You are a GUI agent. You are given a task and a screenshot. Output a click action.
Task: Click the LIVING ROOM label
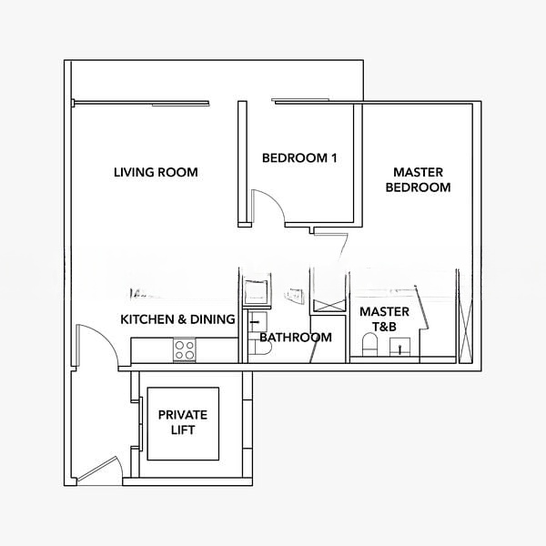[156, 172]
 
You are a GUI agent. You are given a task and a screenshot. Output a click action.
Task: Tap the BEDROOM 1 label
[299, 158]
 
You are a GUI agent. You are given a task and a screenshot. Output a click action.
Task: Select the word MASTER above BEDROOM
[419, 172]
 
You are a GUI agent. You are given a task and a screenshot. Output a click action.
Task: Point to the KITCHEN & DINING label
[177, 319]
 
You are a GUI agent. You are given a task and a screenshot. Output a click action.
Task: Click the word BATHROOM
[296, 337]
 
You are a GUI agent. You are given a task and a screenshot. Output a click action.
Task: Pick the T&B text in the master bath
[384, 327]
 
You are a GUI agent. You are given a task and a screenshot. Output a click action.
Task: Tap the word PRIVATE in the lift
[183, 415]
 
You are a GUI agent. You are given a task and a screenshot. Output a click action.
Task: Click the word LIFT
[183, 430]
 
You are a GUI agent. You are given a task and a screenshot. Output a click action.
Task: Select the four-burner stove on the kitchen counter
[185, 350]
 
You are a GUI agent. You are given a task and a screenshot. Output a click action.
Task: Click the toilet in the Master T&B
[369, 344]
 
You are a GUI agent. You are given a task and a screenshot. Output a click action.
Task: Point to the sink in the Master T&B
[399, 347]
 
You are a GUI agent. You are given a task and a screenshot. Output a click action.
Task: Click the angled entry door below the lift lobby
[99, 470]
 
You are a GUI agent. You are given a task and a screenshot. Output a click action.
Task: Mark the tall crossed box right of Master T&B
[465, 332]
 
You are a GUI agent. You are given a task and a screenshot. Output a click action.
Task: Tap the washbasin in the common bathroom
[258, 322]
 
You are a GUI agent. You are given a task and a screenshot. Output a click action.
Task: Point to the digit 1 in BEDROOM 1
[334, 158]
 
